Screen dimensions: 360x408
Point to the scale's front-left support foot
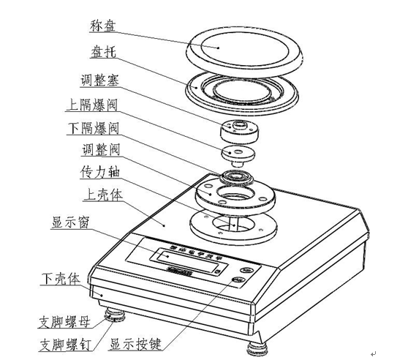point(115,317)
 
